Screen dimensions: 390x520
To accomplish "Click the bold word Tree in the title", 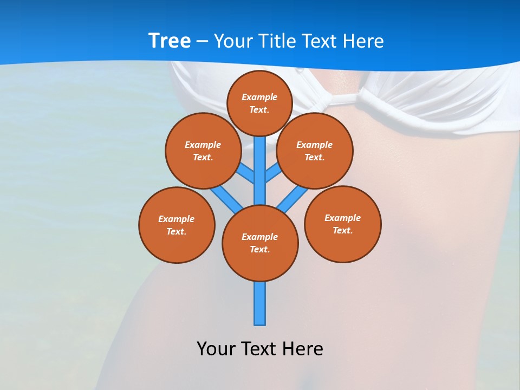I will click(x=170, y=41).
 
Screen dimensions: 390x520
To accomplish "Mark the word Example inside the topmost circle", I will click(x=259, y=97).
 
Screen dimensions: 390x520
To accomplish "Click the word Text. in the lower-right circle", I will click(x=342, y=230).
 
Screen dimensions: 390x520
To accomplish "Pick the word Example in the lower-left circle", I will click(x=176, y=219).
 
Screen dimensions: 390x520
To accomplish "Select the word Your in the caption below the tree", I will click(x=215, y=348).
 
